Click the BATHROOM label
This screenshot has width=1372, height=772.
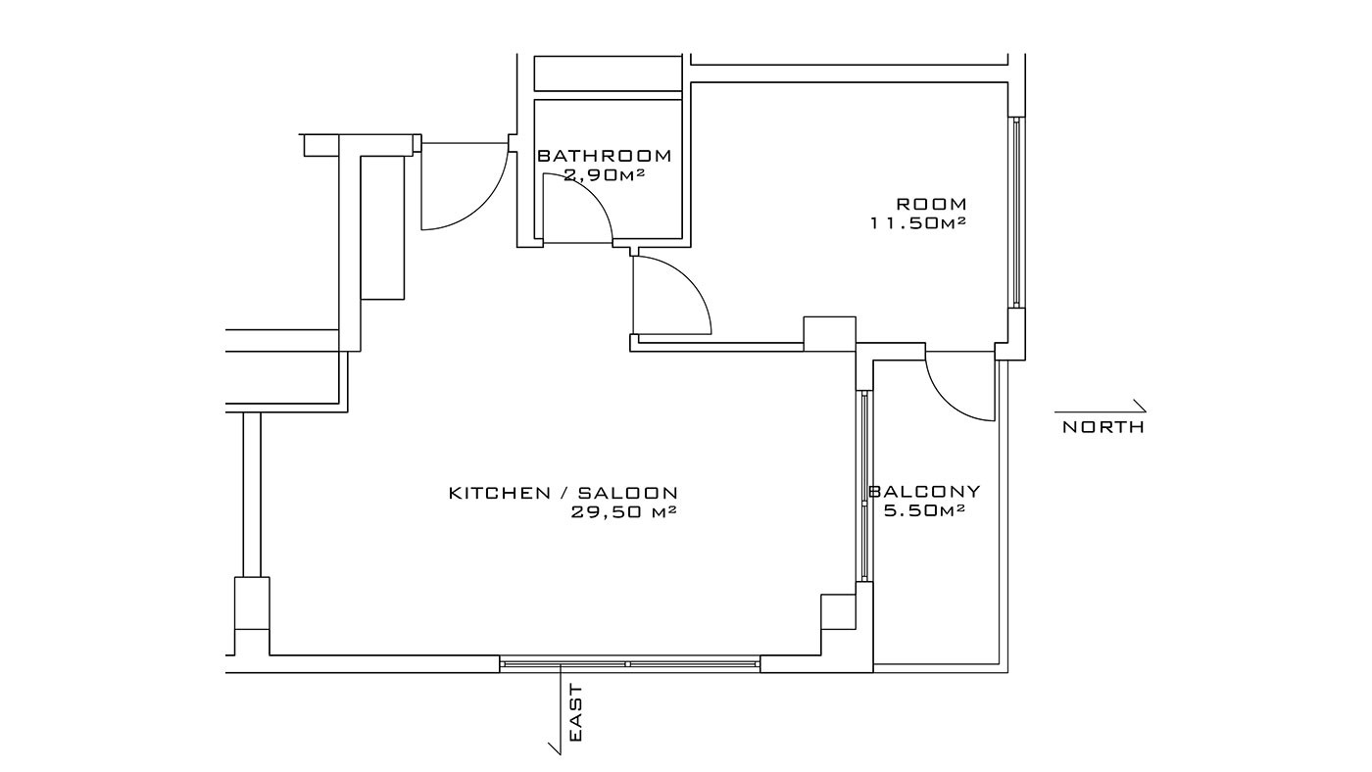[x=605, y=156]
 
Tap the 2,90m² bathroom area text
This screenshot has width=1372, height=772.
[x=605, y=175]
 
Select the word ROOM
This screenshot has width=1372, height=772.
[x=932, y=203]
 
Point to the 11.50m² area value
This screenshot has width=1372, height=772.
[x=919, y=223]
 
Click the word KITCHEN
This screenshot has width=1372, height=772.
[x=500, y=493]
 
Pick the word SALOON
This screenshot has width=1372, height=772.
[x=628, y=493]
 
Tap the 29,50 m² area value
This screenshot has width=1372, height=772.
[x=623, y=512]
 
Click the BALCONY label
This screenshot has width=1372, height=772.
[x=924, y=491]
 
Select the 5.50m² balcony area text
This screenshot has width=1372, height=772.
[x=925, y=510]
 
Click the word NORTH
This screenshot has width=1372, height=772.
[x=1103, y=427]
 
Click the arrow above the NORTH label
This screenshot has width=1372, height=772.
[x=1100, y=410]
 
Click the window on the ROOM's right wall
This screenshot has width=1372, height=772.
[x=1017, y=213]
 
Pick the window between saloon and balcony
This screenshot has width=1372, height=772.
[x=864, y=486]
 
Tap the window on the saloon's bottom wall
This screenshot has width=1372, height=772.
[x=629, y=663]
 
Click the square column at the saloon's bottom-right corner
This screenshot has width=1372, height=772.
[x=838, y=611]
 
